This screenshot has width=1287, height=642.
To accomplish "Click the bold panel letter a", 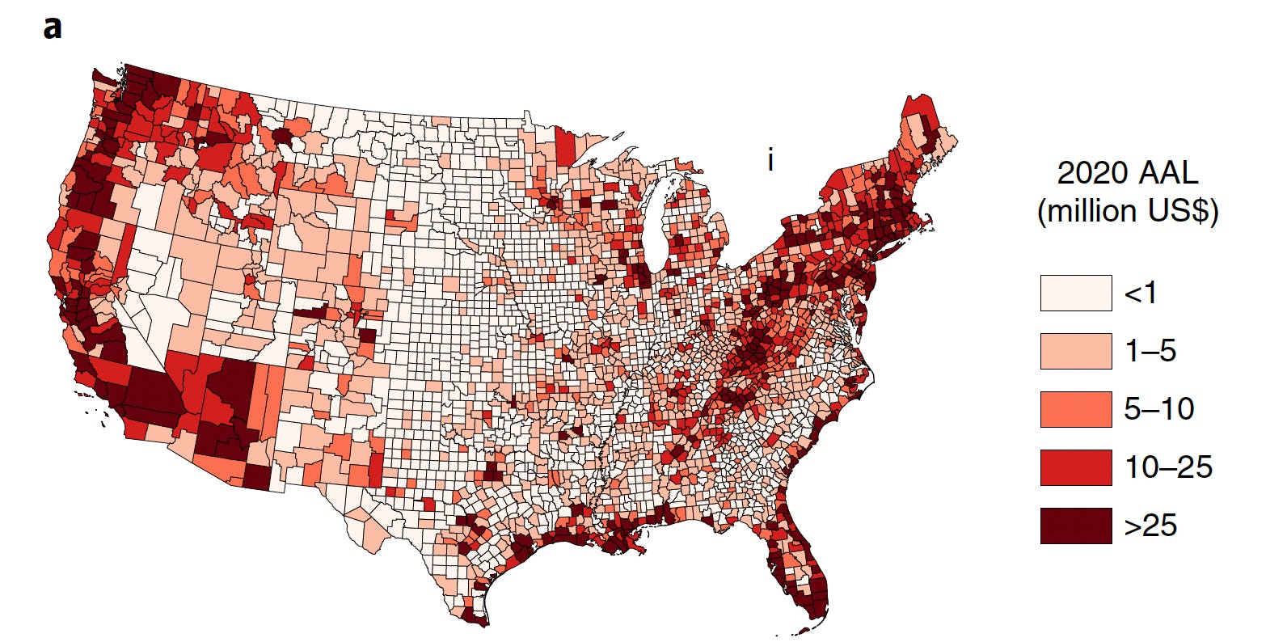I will coord(53,28).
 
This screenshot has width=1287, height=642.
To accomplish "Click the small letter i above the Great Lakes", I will coord(770,161).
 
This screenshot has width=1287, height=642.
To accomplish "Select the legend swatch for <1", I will coord(1075,293).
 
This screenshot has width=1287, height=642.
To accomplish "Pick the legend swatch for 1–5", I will coord(1075,351).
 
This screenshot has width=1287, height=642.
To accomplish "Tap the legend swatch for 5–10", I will coord(1075,409).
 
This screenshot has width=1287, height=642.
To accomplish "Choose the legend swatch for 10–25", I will coord(1075,467).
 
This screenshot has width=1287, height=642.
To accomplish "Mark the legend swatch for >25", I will coord(1075,526).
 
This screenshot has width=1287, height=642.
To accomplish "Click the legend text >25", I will coord(1150,526).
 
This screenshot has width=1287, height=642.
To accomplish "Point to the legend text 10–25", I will coord(1168,467).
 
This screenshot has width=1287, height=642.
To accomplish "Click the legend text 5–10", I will coord(1159,409).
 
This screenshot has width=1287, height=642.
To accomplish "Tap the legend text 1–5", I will coord(1150,351).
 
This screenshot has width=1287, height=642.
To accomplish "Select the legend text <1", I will coord(1140,293).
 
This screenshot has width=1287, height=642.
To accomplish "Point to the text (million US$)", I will coord(1128,211).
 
